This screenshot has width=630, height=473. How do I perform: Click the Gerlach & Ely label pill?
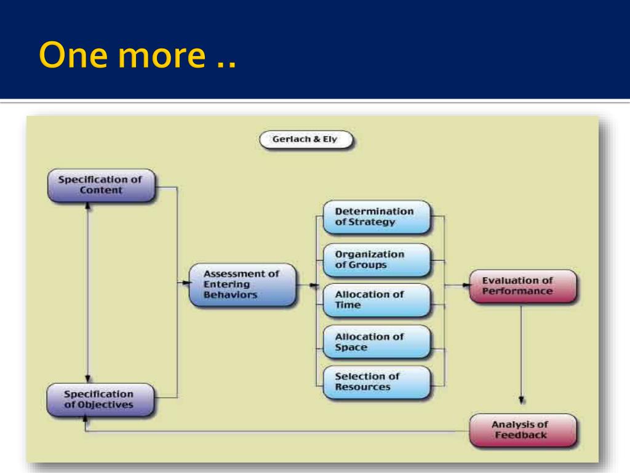point(306,140)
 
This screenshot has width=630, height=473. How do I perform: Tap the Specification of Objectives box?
point(100,399)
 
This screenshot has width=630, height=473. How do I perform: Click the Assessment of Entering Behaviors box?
point(241,285)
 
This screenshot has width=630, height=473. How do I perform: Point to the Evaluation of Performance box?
point(522,286)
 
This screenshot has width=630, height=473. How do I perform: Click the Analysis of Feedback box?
point(522,430)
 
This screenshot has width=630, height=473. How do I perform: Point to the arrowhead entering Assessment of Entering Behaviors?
point(185,283)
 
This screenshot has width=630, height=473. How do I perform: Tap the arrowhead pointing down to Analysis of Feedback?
point(522,400)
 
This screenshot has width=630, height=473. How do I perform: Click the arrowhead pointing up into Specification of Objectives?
point(86,419)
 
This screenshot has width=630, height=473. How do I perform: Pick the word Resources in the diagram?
point(362,387)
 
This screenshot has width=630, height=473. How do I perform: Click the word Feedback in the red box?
point(520,435)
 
